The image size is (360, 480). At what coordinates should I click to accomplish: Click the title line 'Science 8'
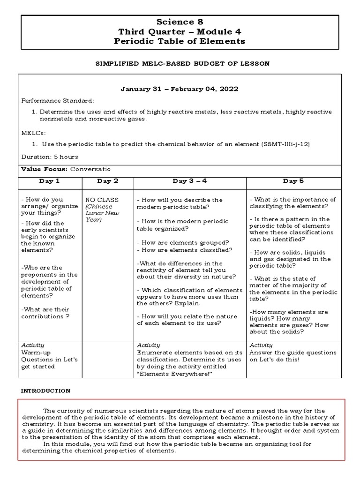(x=180, y=22)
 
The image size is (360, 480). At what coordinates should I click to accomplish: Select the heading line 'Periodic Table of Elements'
(x=180, y=41)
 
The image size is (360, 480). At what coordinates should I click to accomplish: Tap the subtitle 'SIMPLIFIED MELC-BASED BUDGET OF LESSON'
(x=180, y=64)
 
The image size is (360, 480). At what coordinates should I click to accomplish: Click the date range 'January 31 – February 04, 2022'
(x=180, y=89)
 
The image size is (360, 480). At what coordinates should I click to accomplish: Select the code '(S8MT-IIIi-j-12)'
(x=285, y=144)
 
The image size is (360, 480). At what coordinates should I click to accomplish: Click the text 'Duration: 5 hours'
(x=50, y=157)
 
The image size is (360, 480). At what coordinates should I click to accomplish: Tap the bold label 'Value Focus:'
(x=45, y=169)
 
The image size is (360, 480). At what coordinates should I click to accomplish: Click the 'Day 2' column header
(x=107, y=181)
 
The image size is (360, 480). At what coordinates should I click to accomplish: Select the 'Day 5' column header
(x=293, y=181)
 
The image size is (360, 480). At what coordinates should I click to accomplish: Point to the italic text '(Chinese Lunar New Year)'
(x=102, y=213)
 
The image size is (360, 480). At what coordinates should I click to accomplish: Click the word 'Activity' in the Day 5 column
(x=261, y=345)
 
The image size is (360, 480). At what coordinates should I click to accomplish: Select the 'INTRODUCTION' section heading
(x=46, y=390)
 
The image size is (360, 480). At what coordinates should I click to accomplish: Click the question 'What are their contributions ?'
(x=45, y=313)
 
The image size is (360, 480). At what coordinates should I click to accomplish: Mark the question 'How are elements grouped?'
(x=183, y=242)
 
